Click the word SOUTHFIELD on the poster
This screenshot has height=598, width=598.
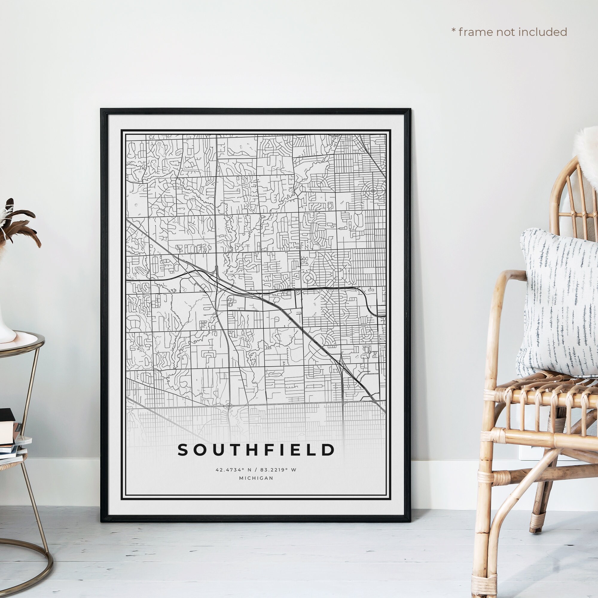(256, 450)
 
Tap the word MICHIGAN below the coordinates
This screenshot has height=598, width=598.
(256, 478)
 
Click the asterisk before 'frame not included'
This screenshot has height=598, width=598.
(454, 31)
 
